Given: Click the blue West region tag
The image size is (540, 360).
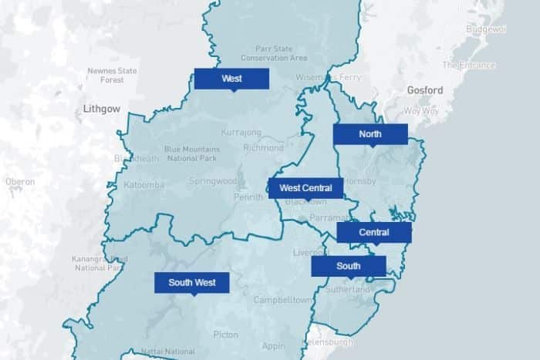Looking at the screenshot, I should (x=231, y=79).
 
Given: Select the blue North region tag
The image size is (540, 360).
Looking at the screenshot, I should (x=370, y=134).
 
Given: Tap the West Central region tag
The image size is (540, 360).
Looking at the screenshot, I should (x=305, y=188).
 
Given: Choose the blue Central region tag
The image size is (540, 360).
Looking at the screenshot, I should (x=374, y=232).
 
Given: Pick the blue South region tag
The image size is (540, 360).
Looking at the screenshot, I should (x=349, y=266).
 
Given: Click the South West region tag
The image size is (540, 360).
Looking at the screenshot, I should (x=192, y=283).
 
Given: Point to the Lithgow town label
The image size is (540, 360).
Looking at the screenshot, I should (x=102, y=109).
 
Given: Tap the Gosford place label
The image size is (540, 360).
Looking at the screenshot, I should (x=425, y=91).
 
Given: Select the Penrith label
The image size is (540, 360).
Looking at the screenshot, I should (x=249, y=197).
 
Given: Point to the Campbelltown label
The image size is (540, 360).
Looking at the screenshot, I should (x=282, y=299).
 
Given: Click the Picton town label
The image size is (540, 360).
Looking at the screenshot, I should (x=226, y=335).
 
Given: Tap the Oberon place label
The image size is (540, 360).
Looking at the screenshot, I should (x=20, y=182).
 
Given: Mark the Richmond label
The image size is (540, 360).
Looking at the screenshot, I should (x=263, y=147).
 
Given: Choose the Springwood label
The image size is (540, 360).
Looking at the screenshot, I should (x=213, y=182).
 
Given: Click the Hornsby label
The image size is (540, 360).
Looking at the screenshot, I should (x=361, y=181).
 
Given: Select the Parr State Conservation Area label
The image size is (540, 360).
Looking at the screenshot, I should (x=274, y=53).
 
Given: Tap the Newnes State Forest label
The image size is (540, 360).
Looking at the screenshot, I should (x=112, y=75).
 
